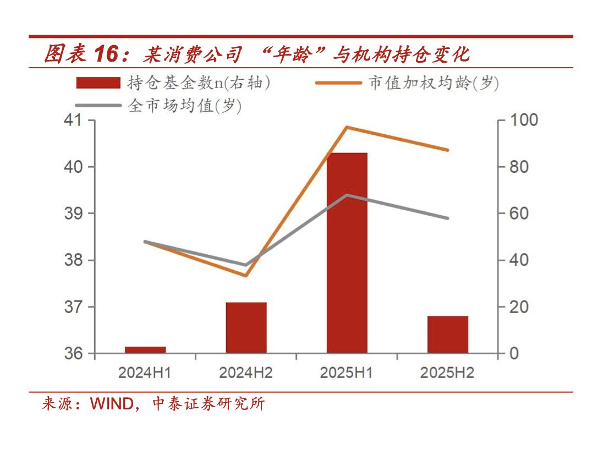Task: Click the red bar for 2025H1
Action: [x=347, y=253]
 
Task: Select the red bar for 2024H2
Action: [x=246, y=327]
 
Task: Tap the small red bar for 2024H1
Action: [x=145, y=349]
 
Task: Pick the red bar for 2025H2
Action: [x=447, y=334]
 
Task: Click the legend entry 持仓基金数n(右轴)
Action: [x=173, y=83]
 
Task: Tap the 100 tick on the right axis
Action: [x=520, y=120]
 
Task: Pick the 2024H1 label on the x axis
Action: [x=145, y=373]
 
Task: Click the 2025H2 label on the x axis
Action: [x=447, y=373]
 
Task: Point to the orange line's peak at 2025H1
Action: [x=347, y=127]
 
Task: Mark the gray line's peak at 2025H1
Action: [x=347, y=195]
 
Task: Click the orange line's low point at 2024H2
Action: [x=246, y=275]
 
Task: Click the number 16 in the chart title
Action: [x=106, y=54]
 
